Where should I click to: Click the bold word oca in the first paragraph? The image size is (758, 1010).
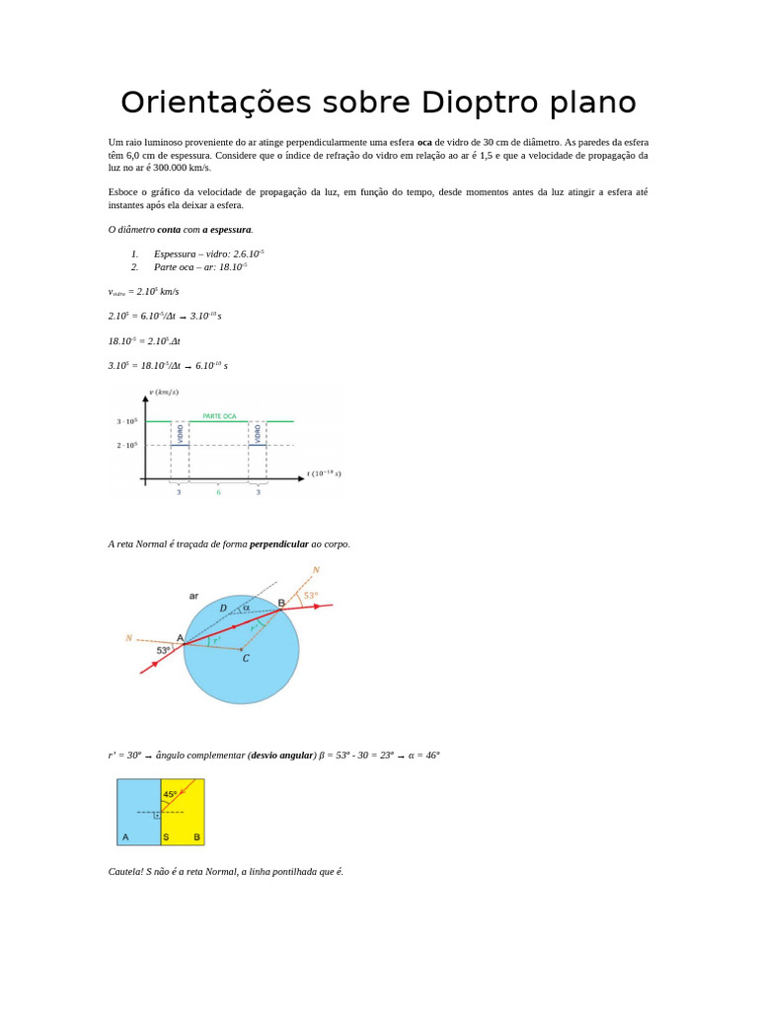coord(424,142)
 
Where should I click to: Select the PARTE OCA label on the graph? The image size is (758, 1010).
coord(219,416)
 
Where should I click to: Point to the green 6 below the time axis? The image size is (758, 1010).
coord(219,491)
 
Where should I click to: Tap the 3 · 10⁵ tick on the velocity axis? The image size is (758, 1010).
coord(126,421)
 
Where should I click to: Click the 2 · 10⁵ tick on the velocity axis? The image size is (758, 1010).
coord(126,445)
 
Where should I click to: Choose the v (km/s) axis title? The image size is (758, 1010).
coord(164,392)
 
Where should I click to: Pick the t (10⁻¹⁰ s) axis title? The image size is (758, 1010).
coord(324,473)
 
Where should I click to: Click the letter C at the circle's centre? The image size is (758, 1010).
coord(246,658)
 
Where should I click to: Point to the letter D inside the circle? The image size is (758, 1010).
coord(223,609)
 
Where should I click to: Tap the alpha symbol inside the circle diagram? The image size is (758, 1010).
coord(246,608)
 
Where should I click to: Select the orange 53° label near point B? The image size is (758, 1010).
coord(310,596)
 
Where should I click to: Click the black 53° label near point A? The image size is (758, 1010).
coord(164,650)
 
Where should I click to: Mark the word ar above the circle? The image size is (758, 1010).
coord(193,596)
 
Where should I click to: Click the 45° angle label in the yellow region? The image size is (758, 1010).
coord(171,794)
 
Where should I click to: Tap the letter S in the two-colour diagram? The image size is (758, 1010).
coord(166,837)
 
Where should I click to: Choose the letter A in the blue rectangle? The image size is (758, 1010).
coord(125,837)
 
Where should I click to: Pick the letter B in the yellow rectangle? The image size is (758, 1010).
coord(196,837)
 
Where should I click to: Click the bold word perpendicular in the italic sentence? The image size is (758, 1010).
coord(279,543)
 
